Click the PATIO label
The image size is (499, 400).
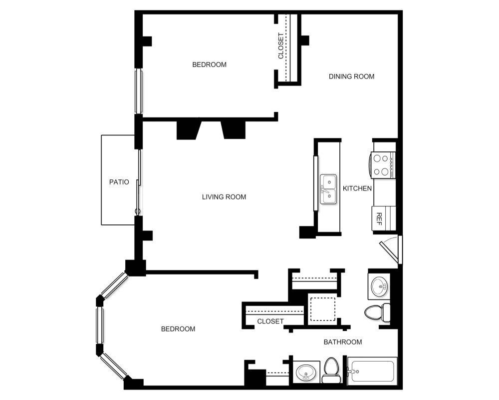coord(119,182)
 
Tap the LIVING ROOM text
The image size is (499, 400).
coord(224,197)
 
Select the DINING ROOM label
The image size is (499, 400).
coord(351,76)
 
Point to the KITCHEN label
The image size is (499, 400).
coord(357,188)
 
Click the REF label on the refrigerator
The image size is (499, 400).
coord(379,219)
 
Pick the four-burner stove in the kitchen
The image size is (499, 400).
coord(383,165)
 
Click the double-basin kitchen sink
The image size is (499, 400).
coord(328,189)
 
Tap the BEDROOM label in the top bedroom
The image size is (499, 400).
coord(210,64)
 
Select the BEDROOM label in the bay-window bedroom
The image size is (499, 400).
coord(178,329)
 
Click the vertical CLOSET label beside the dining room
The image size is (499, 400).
coord(280,46)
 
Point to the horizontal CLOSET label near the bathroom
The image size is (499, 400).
coord(270,321)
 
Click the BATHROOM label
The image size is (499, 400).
coord(343,342)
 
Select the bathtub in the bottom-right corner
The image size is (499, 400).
coord(372,371)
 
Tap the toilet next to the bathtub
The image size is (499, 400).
coord(331,370)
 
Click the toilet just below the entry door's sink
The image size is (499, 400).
coord(377,312)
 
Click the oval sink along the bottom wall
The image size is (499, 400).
coord(306,372)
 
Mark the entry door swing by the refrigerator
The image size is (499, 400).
coord(391,250)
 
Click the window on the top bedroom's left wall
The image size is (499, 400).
coord(138,91)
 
